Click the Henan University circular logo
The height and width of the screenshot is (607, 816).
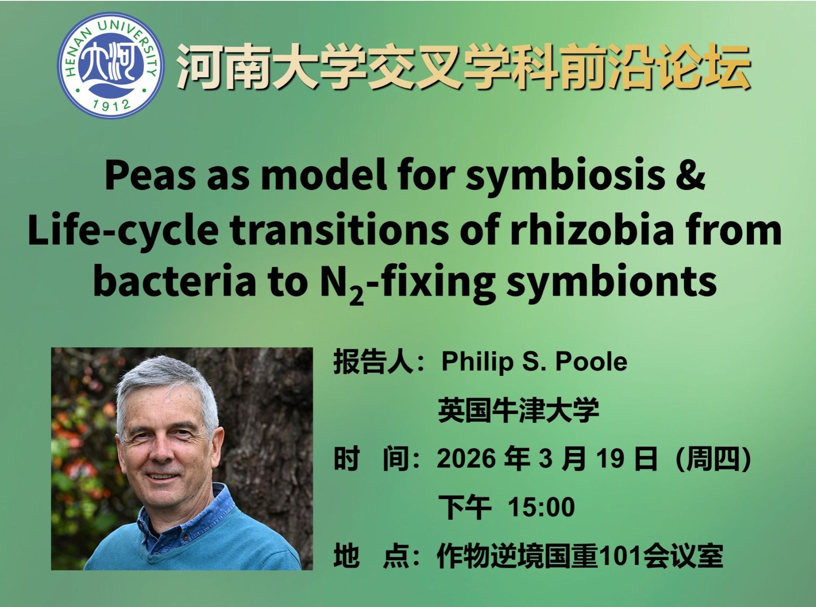[x=110, y=65]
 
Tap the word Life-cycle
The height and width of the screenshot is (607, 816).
[x=123, y=230]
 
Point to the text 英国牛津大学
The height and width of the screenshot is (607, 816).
[x=519, y=410]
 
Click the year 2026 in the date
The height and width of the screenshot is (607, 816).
[x=466, y=459]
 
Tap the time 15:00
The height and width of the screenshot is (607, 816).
[x=541, y=507]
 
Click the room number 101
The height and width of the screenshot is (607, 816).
[x=616, y=556]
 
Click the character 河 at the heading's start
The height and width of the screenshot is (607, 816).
[x=201, y=66]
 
